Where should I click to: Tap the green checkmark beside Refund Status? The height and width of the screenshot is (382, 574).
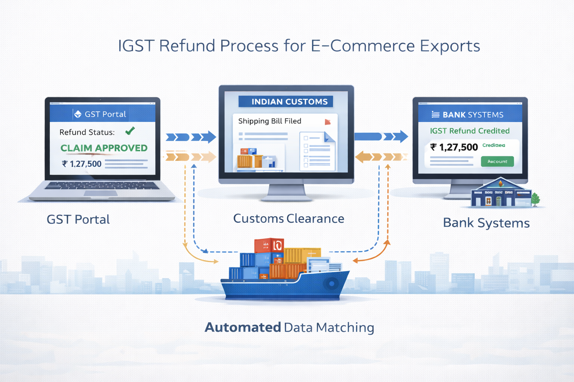click(x=130, y=131)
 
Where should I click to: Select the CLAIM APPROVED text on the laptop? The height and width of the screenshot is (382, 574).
click(x=104, y=148)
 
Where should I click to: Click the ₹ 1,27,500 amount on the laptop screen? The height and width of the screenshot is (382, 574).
click(x=82, y=164)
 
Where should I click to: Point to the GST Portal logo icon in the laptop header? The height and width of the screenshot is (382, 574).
click(x=78, y=114)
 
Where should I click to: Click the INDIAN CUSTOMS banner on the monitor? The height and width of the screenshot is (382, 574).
click(x=286, y=101)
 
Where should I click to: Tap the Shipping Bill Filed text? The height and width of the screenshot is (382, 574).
click(x=269, y=121)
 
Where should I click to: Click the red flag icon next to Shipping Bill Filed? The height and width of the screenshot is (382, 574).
click(x=328, y=122)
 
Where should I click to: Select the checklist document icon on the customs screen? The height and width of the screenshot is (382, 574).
click(x=317, y=151)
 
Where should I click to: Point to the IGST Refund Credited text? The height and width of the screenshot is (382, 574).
click(x=470, y=131)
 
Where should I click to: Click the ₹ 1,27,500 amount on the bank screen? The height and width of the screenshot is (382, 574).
click(x=454, y=147)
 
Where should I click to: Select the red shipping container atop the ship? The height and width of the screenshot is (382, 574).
click(x=269, y=245)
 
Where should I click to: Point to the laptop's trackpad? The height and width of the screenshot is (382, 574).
click(x=101, y=193)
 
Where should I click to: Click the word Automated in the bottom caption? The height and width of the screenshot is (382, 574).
click(x=243, y=328)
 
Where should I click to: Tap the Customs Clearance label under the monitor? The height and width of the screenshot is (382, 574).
click(x=288, y=219)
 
